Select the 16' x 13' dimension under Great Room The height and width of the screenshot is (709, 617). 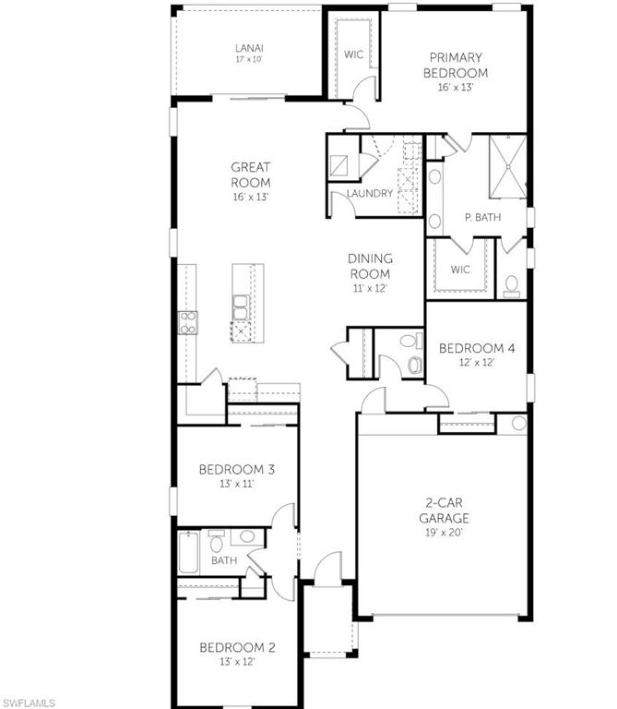251,197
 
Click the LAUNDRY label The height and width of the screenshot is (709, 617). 370,193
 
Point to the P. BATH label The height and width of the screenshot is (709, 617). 481,217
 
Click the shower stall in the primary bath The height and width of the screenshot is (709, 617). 506,167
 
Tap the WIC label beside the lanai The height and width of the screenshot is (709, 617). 354,54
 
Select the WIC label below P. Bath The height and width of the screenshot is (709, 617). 461,270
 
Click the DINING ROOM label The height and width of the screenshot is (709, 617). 369,266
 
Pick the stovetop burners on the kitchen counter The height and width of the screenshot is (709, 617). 187,322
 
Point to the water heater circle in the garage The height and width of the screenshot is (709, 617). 517,425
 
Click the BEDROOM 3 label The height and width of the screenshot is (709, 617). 237,469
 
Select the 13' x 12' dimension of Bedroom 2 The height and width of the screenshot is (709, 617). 237,661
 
